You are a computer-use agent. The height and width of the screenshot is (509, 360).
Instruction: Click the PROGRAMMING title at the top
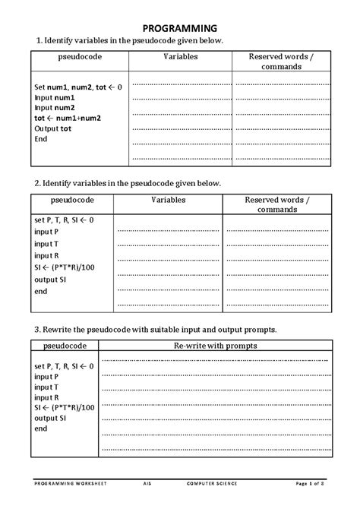(x=179, y=27)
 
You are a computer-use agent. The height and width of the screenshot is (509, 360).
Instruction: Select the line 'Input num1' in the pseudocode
(x=55, y=97)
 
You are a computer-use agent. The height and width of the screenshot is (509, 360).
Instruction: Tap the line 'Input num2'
(x=55, y=108)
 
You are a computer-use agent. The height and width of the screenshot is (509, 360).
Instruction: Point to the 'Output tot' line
(x=53, y=128)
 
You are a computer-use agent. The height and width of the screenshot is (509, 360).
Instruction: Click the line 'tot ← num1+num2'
(x=67, y=118)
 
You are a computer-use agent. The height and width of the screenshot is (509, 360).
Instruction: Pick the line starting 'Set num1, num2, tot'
(x=77, y=87)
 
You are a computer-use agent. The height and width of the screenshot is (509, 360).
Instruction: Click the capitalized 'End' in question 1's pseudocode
(x=41, y=139)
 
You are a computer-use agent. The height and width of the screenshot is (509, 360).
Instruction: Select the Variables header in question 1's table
(x=181, y=56)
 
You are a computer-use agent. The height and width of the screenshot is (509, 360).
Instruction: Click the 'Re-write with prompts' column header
(x=216, y=346)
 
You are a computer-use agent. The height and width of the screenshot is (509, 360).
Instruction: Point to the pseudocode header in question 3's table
(x=66, y=346)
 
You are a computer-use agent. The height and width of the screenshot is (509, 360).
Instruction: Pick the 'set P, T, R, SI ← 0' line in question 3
(x=65, y=366)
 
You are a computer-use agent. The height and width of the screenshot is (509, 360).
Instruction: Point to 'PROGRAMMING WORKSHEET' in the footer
(x=70, y=482)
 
